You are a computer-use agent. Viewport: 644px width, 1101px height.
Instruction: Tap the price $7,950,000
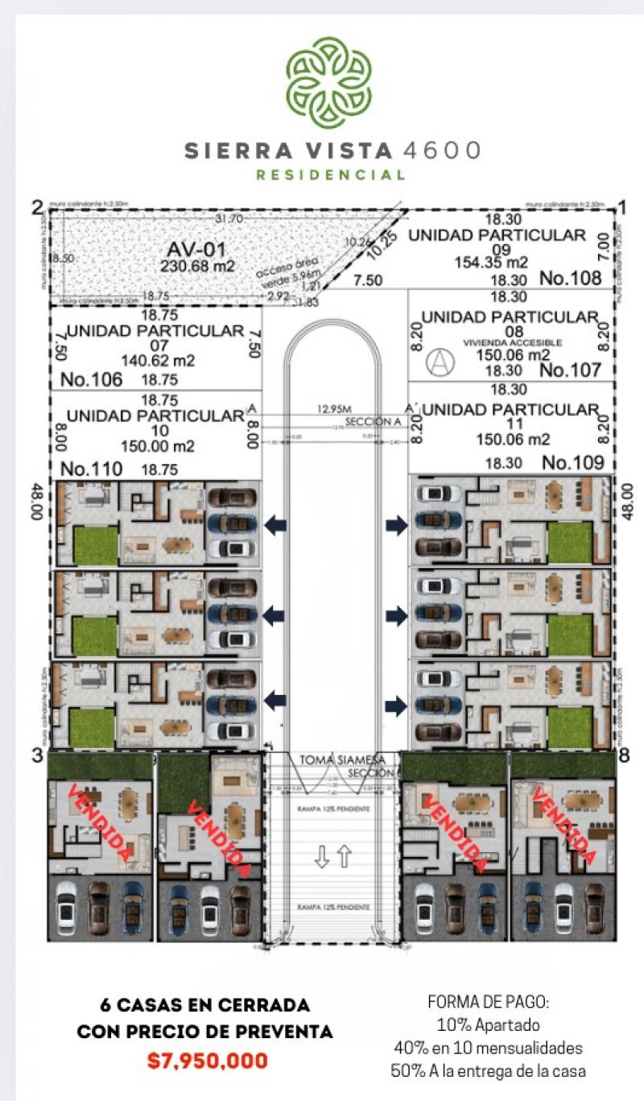coord(208,1061)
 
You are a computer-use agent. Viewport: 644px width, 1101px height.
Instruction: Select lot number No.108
coord(570,279)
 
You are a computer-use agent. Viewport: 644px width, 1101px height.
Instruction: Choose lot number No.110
coord(92,469)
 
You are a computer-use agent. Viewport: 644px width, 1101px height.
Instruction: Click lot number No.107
coord(570,370)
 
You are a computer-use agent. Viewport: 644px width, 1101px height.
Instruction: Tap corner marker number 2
coord(36,208)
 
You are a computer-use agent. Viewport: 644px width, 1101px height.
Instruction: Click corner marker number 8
coord(624,756)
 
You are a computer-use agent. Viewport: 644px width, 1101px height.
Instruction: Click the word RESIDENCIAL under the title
coord(330,175)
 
